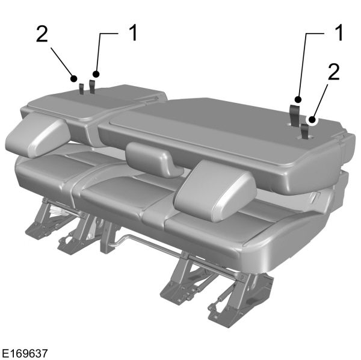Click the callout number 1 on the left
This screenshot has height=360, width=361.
pos(131,33)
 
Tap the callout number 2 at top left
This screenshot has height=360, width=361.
pos(42,34)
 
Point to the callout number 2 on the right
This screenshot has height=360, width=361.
pos(333,72)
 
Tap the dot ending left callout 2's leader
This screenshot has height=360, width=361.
pos(73,78)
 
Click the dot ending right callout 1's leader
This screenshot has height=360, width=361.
pos(298,98)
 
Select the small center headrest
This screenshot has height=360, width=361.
pos(150,158)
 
